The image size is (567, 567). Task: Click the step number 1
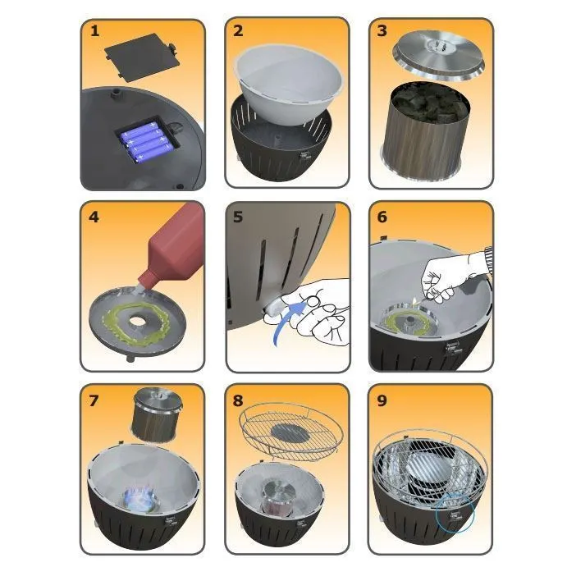point(94,30)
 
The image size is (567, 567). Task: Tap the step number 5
point(238,217)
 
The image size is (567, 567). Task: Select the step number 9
point(382,400)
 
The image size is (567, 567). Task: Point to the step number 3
point(382,30)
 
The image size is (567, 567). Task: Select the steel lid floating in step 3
point(438,55)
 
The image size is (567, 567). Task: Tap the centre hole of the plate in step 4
point(137,320)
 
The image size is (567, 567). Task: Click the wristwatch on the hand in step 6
point(487,259)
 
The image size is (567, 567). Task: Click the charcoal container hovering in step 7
point(155,416)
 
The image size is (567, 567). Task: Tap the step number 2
point(238,30)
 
